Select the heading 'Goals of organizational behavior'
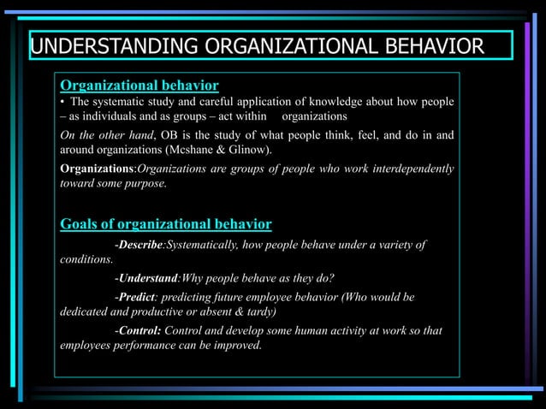pyautogui.click(x=165, y=224)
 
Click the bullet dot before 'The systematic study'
pyautogui.click(x=62, y=102)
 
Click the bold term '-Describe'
pyautogui.click(x=138, y=246)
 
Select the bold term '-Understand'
pyautogui.click(x=145, y=278)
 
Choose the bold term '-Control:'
pyautogui.click(x=137, y=330)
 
